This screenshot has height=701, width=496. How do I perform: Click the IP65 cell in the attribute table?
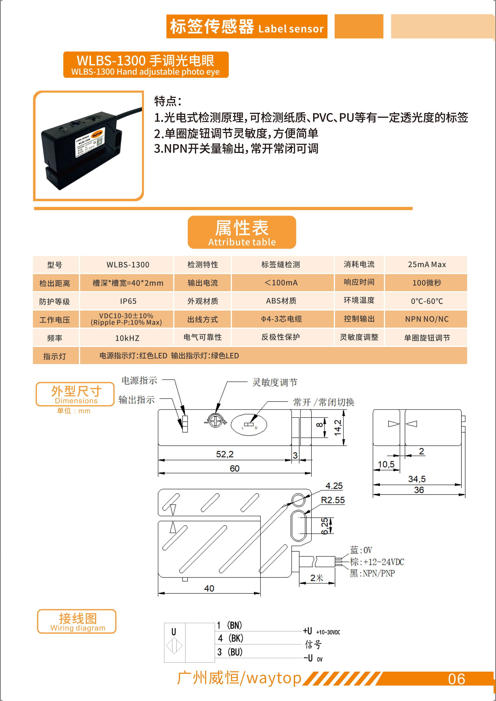point(128,301)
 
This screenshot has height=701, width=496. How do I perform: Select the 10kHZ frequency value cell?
point(127,338)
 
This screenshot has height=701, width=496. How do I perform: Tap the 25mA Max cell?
point(427,264)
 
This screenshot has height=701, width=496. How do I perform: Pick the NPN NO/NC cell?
point(427,319)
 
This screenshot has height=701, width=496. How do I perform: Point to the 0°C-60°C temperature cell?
point(427,301)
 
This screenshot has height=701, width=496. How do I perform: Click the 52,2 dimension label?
point(225,454)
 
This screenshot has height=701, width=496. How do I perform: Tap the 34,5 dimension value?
point(417,479)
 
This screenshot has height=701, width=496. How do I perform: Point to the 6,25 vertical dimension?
point(325,526)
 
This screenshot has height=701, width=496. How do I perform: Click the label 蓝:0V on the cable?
point(361,550)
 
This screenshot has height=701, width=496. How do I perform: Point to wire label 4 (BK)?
point(230,638)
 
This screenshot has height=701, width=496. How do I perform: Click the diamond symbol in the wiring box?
point(174,646)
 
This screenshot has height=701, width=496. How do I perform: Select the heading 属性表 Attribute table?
point(242,232)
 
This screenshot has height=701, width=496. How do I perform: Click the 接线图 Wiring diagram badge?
point(77,621)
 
